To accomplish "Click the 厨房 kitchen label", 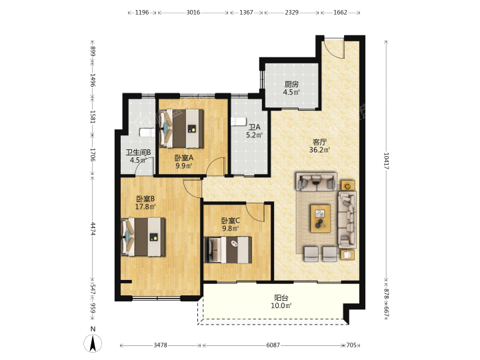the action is click(x=291, y=84).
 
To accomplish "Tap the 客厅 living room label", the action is click(x=319, y=142).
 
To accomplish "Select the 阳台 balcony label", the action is click(x=281, y=298).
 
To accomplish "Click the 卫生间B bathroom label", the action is click(x=139, y=152).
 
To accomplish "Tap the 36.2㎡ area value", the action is click(x=319, y=150).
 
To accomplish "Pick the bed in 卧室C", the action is click(x=228, y=250).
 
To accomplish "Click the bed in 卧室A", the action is click(x=181, y=129).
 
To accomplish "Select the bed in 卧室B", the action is click(x=143, y=237).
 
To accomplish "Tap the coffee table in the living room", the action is click(x=321, y=219).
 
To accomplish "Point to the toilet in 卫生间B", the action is click(x=147, y=133).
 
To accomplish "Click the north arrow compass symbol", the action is click(x=93, y=343).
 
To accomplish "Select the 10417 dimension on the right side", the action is click(x=386, y=161).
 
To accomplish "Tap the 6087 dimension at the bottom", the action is click(x=273, y=345).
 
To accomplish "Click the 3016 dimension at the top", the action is click(x=193, y=13).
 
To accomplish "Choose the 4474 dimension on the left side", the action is click(x=93, y=229).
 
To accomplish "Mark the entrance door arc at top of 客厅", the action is click(x=333, y=49).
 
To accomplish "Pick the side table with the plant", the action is click(x=348, y=185).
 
